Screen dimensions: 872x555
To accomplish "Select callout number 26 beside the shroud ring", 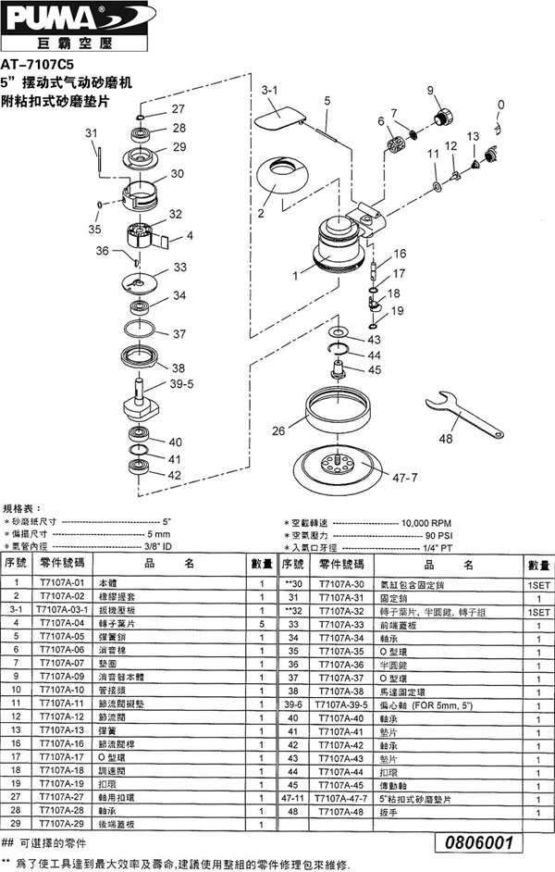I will coord(277,430).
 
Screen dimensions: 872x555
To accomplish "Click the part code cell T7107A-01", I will coord(64,584).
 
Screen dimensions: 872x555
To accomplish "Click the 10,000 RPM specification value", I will coord(427,523).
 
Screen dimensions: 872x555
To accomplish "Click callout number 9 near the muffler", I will coord(430,89).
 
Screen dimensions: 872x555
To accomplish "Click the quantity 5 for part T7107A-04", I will coord(263,624).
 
